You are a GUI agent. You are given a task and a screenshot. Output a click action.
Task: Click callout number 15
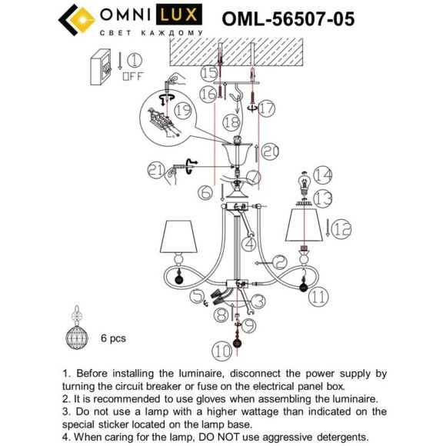click(x=209, y=74)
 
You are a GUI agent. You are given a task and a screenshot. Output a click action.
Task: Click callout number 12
click(x=341, y=228)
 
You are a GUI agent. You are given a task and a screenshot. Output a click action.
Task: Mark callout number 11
click(x=319, y=295)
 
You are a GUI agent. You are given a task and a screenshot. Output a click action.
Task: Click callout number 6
click(x=205, y=192)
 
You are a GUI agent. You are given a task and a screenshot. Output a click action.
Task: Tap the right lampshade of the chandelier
click(x=304, y=226)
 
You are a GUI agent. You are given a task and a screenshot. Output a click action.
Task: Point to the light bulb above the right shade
click(x=303, y=186)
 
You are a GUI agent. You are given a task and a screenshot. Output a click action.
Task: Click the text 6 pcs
click(x=112, y=338)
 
